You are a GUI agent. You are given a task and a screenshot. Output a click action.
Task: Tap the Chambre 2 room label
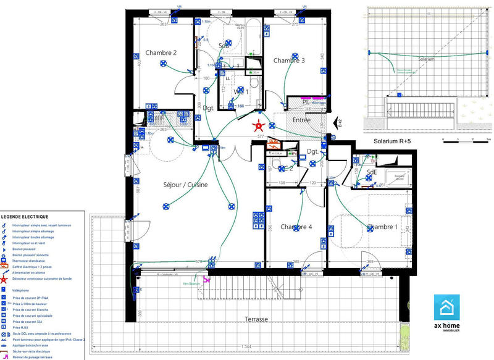(161, 53)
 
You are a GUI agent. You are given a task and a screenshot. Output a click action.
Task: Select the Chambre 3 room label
(289, 61)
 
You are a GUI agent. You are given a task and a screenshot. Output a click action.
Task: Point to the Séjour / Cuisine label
(185, 185)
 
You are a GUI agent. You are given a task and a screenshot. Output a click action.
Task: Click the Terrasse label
(256, 319)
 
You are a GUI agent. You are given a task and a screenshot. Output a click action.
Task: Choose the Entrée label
(302, 120)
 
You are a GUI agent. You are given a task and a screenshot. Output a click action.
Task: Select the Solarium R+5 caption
(393, 141)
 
